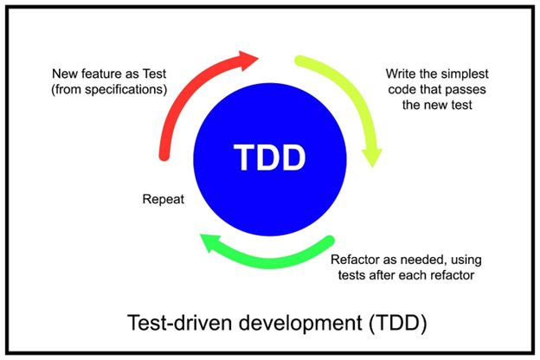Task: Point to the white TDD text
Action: [x=269, y=159]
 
